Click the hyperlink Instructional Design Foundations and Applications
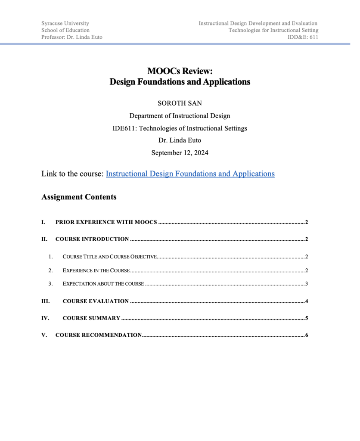(x=190, y=174)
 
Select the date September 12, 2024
(x=180, y=152)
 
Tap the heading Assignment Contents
(x=79, y=197)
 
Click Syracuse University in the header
(x=65, y=23)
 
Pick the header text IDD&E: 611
(x=303, y=37)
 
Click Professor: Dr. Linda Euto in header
(x=72, y=37)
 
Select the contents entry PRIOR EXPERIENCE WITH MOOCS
(x=106, y=223)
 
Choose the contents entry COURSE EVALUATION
(x=96, y=301)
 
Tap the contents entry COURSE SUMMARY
(x=91, y=318)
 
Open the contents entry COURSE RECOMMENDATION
(x=99, y=335)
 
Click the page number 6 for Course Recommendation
(x=306, y=335)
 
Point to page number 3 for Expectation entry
(x=306, y=284)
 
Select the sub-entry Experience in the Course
(x=96, y=270)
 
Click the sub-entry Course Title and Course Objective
(x=109, y=257)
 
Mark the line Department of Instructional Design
(x=180, y=116)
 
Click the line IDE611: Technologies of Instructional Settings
(x=180, y=128)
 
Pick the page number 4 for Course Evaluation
(x=306, y=301)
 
